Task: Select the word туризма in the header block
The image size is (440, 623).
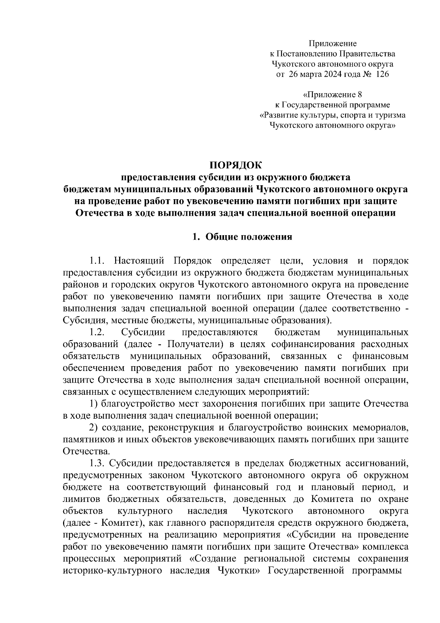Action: tap(391, 115)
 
